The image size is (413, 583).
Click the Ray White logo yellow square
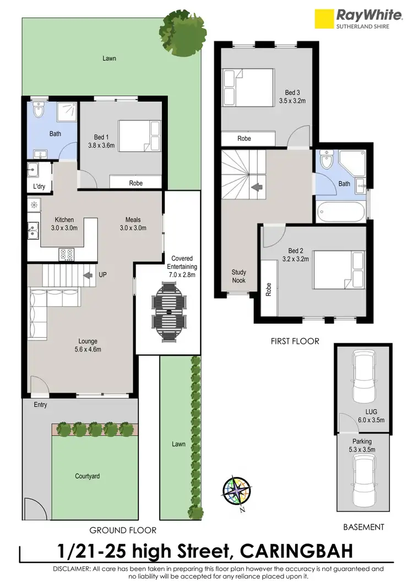[325, 18]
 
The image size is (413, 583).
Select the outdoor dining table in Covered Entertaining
[169, 312]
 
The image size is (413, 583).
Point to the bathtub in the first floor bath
[341, 212]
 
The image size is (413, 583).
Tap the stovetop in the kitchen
[67, 254]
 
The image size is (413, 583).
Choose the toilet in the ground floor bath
[39, 111]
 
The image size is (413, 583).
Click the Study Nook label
[239, 276]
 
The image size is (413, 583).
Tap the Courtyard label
[88, 476]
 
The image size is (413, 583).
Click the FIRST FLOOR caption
[295, 341]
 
